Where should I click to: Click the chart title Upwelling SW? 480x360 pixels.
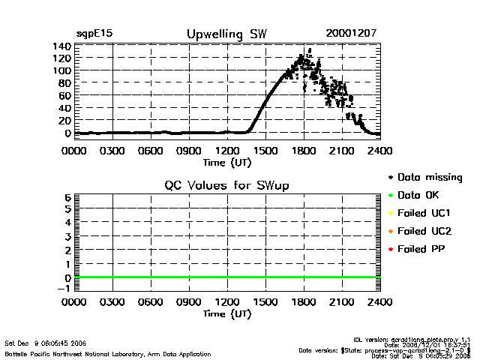click(226, 34)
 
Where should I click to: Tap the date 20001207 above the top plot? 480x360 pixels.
click(351, 34)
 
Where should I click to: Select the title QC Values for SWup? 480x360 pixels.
click(226, 185)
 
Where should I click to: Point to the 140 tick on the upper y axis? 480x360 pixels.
click(61, 46)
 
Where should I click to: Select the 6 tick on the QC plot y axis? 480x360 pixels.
click(67, 196)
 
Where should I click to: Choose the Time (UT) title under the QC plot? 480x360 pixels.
click(226, 314)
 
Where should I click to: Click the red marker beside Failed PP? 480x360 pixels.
click(389, 249)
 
